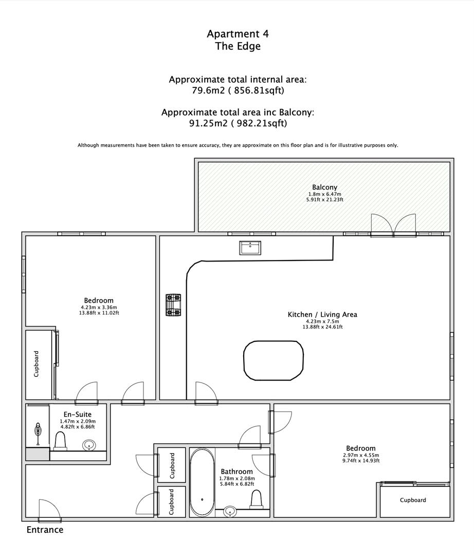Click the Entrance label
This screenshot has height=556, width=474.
point(45,530)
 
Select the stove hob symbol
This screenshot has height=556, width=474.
point(172,304)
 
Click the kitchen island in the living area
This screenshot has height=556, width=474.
point(274,360)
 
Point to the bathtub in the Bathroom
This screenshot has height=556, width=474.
point(202,482)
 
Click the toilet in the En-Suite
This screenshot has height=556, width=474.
point(60,441)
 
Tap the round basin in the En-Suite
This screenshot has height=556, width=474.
point(90,445)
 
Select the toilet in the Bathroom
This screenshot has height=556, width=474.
point(256,499)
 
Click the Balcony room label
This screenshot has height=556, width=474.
point(324,187)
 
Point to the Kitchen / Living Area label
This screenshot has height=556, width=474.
point(322,315)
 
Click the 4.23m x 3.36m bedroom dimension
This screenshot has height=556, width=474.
point(99,307)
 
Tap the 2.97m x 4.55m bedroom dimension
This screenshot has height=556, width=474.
point(360,455)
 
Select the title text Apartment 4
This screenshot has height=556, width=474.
point(238,34)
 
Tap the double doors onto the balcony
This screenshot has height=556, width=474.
point(393,224)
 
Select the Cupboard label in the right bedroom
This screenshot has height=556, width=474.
point(413,500)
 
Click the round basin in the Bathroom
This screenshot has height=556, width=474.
point(231,511)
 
